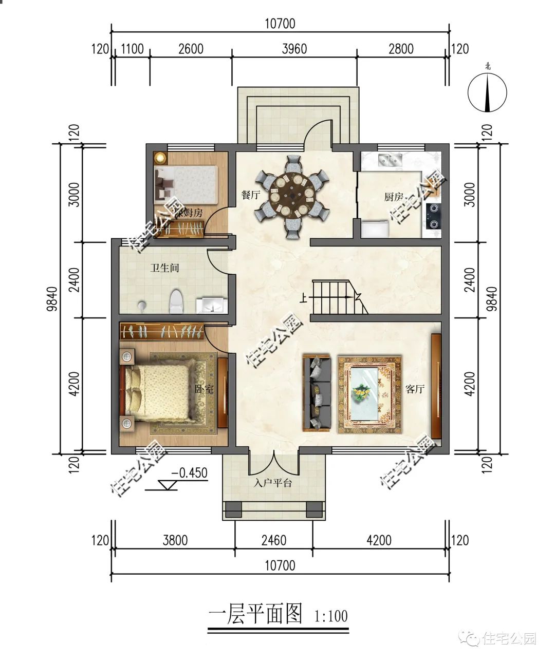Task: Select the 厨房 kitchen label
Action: click(x=394, y=196)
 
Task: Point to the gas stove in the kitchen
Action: click(x=434, y=216)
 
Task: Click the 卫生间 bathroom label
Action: click(x=164, y=268)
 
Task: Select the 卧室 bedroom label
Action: click(x=203, y=389)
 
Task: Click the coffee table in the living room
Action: click(x=368, y=393)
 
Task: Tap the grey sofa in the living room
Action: click(x=317, y=393)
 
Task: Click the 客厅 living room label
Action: click(x=414, y=389)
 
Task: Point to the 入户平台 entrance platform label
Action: click(x=273, y=483)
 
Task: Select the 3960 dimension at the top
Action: click(x=294, y=49)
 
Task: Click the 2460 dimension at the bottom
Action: click(x=274, y=540)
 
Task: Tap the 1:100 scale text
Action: click(x=330, y=615)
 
